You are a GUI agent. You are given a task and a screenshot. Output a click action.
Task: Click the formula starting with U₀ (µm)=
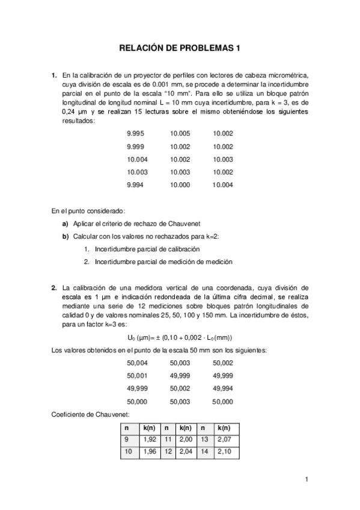tap(180, 337)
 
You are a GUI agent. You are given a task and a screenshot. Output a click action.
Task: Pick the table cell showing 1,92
tap(150, 440)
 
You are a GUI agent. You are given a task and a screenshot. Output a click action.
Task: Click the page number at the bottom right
tap(307, 479)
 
